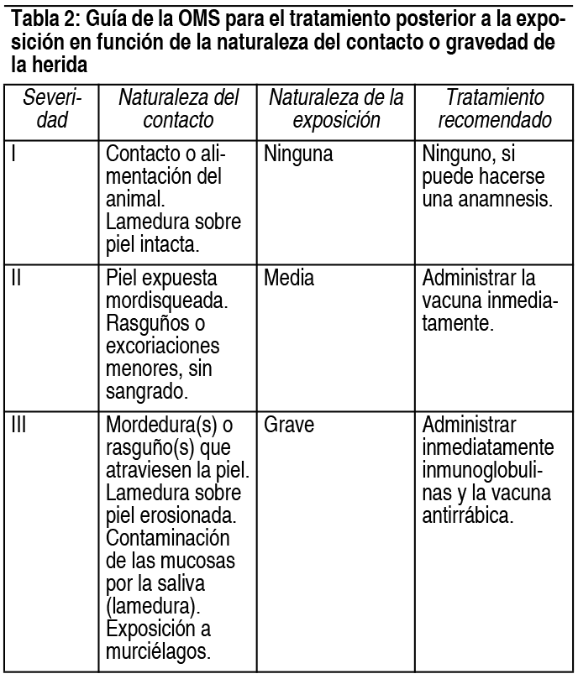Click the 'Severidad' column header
click(51, 109)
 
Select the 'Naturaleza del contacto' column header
click(178, 109)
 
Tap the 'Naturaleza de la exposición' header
click(336, 109)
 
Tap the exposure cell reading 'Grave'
click(289, 425)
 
